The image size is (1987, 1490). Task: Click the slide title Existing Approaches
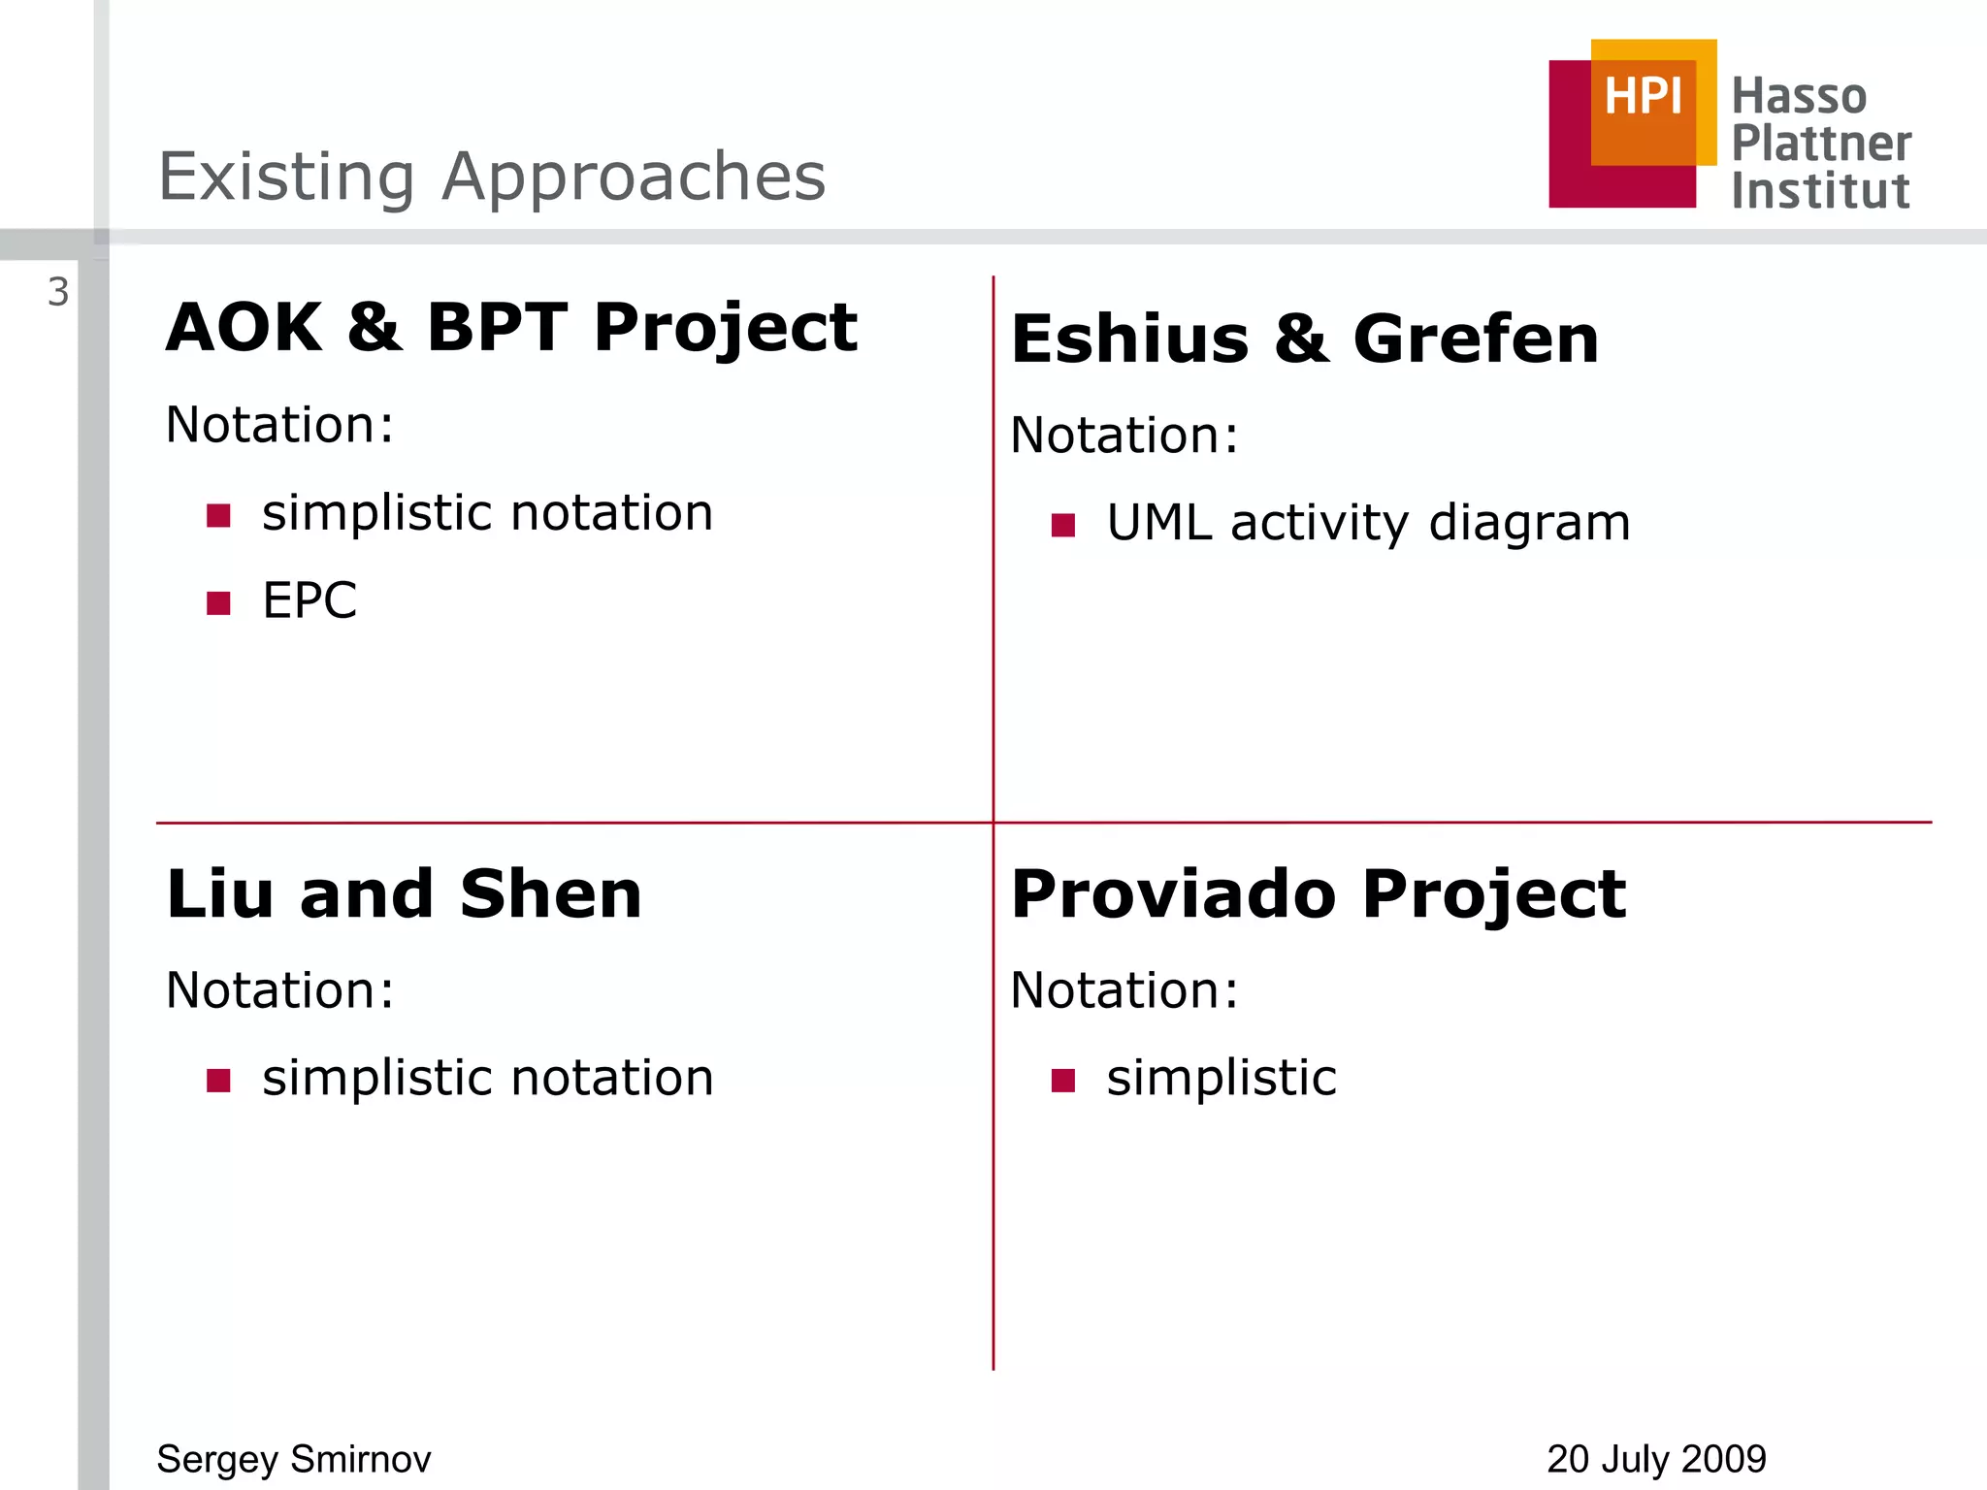pos(492,177)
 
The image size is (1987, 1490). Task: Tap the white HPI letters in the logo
pos(1643,97)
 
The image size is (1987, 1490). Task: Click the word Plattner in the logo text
pos(1821,144)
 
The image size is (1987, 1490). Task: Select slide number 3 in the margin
pos(58,292)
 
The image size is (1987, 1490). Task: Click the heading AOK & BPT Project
pos(511,328)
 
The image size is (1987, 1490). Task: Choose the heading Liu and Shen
pos(404,893)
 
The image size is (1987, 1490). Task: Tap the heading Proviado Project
pos(1318,893)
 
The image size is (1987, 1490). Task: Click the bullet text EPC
pos(309,600)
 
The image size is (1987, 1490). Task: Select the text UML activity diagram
pos(1368,523)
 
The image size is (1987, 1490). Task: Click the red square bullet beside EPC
pos(218,603)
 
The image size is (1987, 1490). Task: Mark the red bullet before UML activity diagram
pos(1063,525)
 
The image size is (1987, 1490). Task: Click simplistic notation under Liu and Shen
pos(488,1078)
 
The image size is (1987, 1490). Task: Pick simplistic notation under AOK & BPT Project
pos(488,512)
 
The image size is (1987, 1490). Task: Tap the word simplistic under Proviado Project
pos(1222,1078)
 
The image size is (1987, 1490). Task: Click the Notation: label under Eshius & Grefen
pos(1124,435)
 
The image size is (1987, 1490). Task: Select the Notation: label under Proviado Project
pos(1124,990)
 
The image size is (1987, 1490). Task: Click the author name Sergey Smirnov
pos(294,1459)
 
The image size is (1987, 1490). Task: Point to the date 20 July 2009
pos(1656,1459)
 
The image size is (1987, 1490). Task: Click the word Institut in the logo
pos(1820,191)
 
